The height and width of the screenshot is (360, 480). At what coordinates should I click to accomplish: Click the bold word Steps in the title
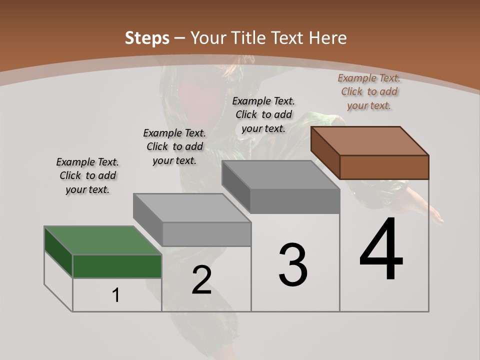coord(146,38)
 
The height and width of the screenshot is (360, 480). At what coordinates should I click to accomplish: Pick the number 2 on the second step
coord(201,280)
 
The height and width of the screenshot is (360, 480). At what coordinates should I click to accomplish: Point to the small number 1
coord(115,295)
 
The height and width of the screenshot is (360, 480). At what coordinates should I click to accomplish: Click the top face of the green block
coord(103,240)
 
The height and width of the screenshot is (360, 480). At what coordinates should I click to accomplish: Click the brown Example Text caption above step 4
coord(369,92)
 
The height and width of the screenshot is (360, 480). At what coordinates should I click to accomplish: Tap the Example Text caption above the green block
coord(87,175)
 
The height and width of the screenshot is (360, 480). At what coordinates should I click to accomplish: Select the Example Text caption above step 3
coord(263,114)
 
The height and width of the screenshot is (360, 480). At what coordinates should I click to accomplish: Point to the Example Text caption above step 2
coord(174,146)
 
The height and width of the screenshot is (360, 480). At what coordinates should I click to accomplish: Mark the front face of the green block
coord(117,266)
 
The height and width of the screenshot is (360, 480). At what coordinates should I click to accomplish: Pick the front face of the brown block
coord(384,167)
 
